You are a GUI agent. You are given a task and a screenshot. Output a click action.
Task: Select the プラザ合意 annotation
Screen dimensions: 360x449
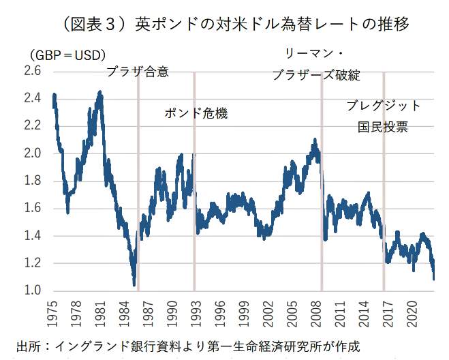(x=138, y=71)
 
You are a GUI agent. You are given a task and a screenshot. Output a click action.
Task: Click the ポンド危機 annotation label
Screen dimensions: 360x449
(x=196, y=113)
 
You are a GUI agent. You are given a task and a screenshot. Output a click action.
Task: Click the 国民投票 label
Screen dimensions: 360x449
(x=383, y=127)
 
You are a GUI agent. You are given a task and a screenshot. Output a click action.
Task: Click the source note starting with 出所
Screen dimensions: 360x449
(x=187, y=344)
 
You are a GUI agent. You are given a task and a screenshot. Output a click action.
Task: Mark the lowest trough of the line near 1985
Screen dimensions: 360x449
(x=134, y=284)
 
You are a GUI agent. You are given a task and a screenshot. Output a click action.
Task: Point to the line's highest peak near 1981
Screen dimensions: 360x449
(x=100, y=91)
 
